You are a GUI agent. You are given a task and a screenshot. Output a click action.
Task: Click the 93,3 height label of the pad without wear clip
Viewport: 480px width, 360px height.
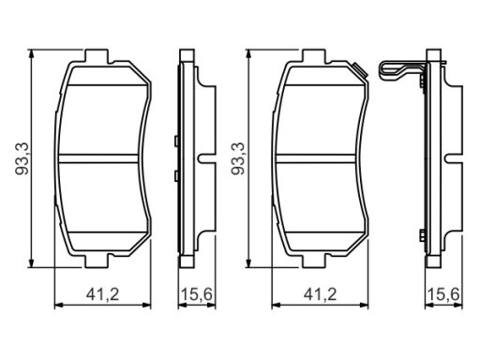click(x=22, y=158)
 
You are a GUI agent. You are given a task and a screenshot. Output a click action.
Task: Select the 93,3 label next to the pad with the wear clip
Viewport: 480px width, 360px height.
click(x=238, y=158)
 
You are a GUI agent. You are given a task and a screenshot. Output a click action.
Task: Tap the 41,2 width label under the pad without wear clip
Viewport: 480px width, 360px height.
click(x=103, y=294)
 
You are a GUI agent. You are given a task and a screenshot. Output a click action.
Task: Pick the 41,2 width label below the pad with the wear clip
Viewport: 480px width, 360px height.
click(x=321, y=294)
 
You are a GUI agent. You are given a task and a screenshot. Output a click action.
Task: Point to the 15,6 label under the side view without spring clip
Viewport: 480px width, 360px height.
click(x=197, y=294)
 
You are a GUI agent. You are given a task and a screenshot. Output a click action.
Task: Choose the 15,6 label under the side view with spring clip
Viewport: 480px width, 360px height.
click(x=443, y=294)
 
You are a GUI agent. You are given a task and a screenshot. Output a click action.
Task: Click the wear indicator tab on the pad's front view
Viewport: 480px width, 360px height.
click(x=360, y=69)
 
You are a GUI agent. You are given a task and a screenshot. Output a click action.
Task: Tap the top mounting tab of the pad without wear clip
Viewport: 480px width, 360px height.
click(x=97, y=55)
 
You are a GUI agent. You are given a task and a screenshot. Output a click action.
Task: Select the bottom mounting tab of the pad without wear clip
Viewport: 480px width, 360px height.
click(x=97, y=261)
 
